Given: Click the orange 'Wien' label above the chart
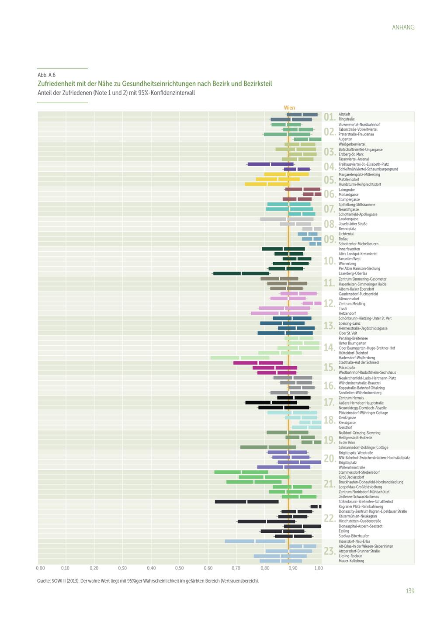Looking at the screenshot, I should tap(289, 108).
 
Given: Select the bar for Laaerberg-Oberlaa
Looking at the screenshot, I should tap(241, 274).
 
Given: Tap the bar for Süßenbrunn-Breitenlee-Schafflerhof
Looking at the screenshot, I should tap(247, 502).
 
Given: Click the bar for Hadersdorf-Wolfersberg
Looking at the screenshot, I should tap(239, 358).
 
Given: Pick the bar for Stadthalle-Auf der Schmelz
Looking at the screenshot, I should tap(258, 363).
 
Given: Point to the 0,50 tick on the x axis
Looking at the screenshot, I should tap(179, 568).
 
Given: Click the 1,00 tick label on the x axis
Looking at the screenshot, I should tap(319, 568).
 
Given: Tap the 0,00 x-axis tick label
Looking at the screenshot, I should tap(40, 568).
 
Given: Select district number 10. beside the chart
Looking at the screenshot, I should tap(329, 261).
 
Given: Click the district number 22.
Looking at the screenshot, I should tap(329, 519).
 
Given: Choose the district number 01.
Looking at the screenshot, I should tap(329, 117).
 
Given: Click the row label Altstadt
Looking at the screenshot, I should tap(344, 115).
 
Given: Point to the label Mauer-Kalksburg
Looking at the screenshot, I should tap(351, 561).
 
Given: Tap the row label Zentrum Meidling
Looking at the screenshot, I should tap(352, 304).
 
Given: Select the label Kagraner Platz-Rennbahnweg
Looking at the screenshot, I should tap(361, 507).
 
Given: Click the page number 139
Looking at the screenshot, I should tap(409, 591).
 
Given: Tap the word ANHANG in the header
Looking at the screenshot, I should tap(403, 27).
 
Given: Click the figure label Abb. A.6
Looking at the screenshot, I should tap(46, 75).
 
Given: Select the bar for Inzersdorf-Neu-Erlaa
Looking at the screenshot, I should tap(255, 542).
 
